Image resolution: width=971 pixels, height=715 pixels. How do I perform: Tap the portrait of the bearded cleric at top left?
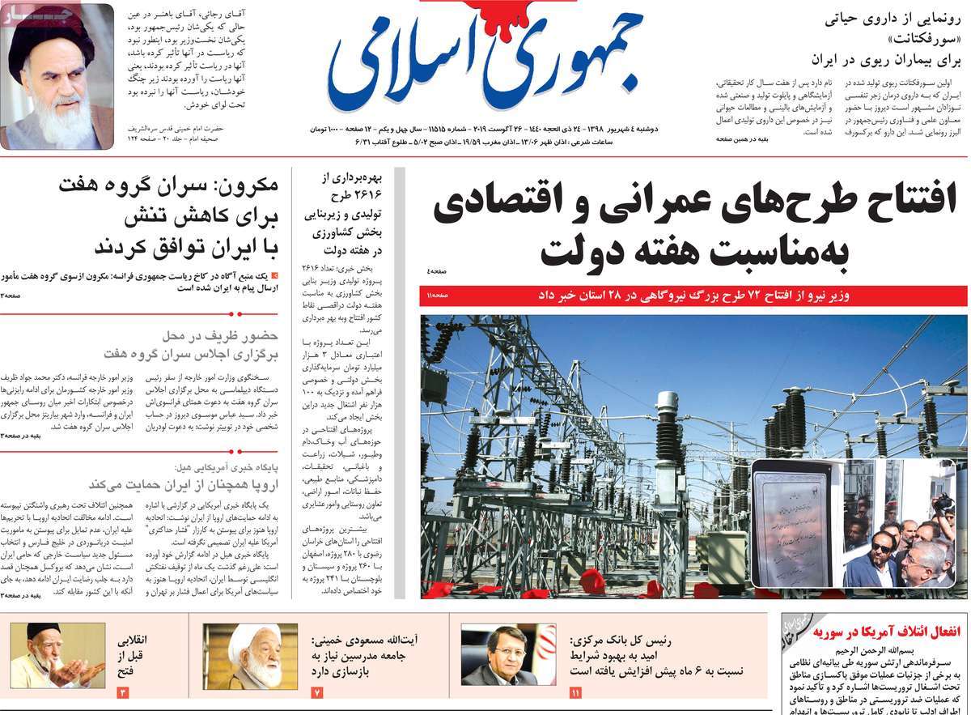[57, 77]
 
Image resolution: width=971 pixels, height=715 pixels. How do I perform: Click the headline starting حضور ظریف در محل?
[191, 344]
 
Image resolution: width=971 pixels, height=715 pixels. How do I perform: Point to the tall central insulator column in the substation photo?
[668, 453]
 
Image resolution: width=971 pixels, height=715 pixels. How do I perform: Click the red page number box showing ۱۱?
[575, 693]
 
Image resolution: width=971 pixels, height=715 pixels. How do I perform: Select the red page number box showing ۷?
[317, 693]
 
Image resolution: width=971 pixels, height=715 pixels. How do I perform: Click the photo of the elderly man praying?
[57, 654]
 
